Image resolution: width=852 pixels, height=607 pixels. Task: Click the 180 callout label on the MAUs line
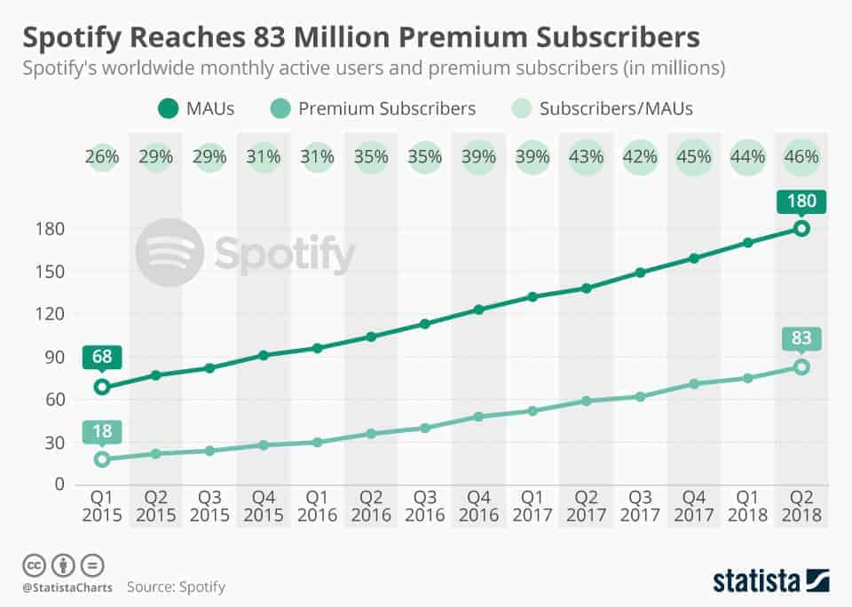(801, 201)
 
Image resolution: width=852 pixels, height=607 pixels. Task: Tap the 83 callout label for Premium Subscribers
(801, 339)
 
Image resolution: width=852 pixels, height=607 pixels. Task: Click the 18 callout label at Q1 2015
(102, 432)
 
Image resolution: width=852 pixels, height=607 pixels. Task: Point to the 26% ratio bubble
(102, 157)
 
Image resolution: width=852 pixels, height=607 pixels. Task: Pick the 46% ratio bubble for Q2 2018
(801, 157)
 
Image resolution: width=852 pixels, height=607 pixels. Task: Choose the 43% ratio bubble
(586, 157)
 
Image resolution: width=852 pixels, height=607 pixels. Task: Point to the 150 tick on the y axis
(54, 272)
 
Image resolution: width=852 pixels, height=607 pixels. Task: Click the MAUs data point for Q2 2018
(801, 228)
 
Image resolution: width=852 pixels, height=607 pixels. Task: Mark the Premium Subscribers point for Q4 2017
(694, 383)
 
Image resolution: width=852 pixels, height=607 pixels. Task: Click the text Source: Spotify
(176, 587)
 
